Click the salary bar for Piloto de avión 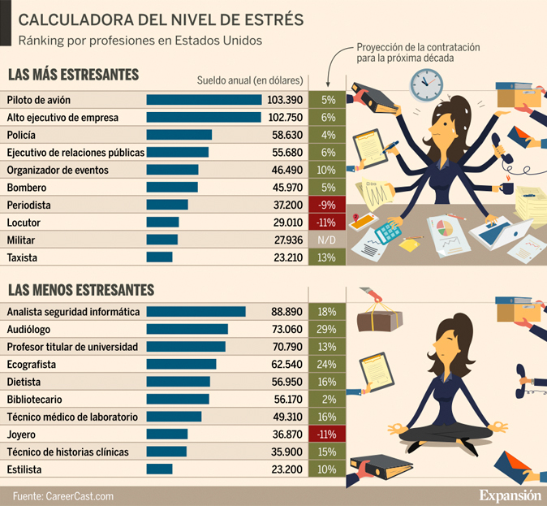(204, 100)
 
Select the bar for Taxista (159, 257)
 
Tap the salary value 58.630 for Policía (286, 135)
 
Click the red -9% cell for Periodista (327, 205)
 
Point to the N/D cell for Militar (327, 240)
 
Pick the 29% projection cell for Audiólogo (327, 329)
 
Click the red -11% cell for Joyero (327, 435)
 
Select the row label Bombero (27, 188)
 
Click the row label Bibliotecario (34, 400)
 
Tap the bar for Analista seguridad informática (196, 312)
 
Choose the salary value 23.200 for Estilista (286, 469)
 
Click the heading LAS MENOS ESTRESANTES (81, 289)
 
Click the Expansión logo (509, 494)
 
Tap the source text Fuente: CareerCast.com (63, 495)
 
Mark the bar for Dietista (178, 382)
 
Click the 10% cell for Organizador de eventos (327, 170)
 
